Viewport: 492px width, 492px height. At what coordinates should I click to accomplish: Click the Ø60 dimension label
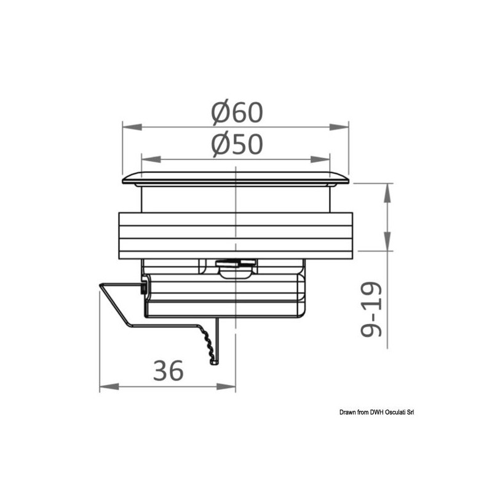(x=237, y=112)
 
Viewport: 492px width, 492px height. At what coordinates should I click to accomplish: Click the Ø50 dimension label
(x=237, y=145)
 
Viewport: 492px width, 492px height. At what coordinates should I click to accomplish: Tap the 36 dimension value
(x=167, y=371)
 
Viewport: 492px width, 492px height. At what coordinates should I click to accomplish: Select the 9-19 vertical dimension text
(x=370, y=309)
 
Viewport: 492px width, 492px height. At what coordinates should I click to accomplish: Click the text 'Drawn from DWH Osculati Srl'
(x=377, y=413)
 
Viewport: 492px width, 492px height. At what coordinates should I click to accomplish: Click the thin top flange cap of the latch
(x=236, y=178)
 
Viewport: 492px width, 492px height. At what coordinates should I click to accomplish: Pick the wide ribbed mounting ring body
(x=236, y=235)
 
